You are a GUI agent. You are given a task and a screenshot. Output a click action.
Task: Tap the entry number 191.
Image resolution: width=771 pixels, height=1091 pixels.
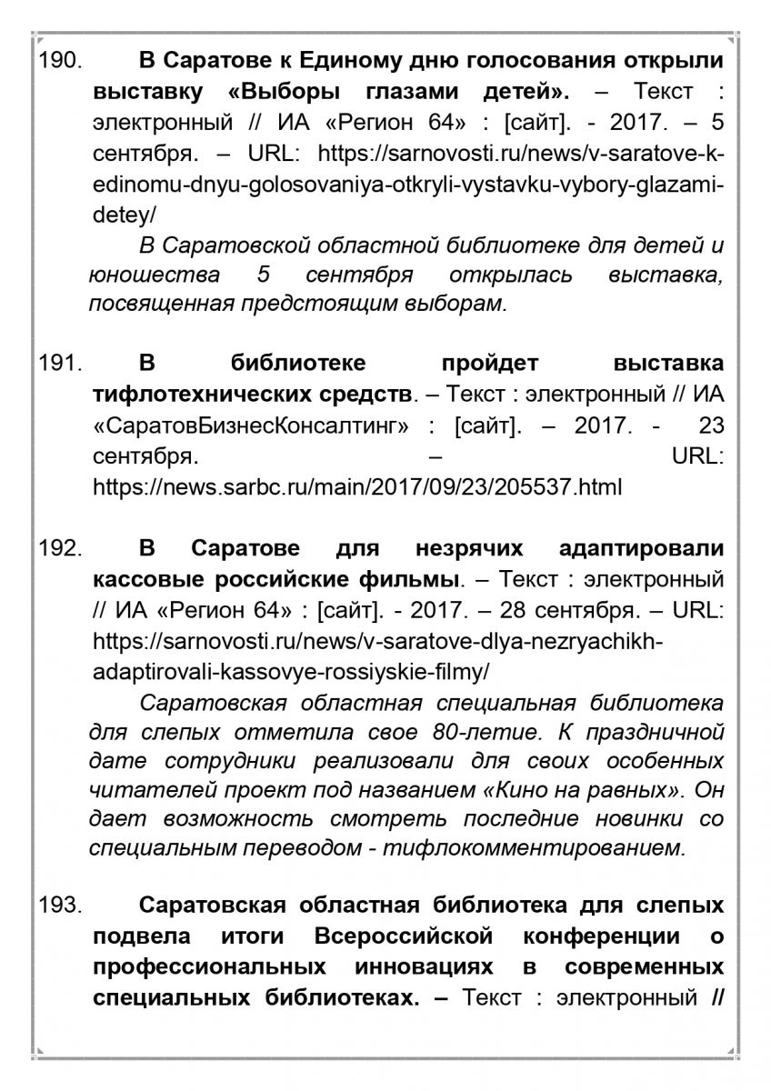coord(60,364)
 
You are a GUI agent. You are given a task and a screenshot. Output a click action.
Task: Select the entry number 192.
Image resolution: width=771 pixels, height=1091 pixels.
coord(60,549)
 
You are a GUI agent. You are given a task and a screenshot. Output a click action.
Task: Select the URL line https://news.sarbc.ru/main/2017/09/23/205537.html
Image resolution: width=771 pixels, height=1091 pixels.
coord(357,487)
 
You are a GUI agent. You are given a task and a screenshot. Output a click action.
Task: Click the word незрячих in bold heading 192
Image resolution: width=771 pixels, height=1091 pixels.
coord(472,549)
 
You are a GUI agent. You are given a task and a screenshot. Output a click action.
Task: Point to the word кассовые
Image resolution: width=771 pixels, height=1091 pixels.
coord(151,579)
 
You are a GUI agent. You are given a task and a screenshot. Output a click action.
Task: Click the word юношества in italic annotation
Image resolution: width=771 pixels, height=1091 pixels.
coord(154,274)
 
